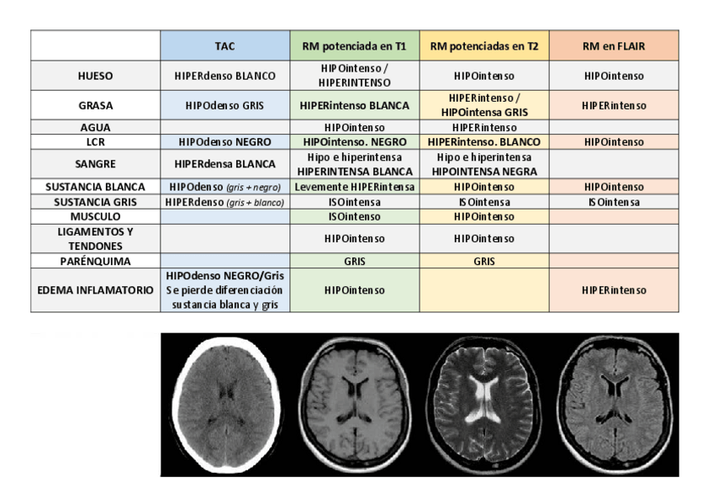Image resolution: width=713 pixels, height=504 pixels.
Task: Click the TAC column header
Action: point(225,45)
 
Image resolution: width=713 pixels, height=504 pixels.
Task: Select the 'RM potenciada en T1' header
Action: point(354,45)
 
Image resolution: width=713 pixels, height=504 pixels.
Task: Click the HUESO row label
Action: point(95,76)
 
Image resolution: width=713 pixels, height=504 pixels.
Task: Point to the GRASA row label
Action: point(95,106)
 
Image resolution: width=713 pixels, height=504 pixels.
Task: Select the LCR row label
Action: point(95,142)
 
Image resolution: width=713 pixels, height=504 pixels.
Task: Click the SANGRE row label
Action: point(95,164)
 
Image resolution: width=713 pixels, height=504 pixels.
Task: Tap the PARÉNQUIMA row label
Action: point(95,261)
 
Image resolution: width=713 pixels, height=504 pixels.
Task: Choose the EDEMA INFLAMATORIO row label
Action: point(95,290)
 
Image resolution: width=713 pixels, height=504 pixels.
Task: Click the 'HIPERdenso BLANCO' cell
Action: point(225,76)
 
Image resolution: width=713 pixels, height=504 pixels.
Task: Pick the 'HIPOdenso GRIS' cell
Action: point(225,106)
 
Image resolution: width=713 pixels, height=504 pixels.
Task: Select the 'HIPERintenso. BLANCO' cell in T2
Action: point(483,142)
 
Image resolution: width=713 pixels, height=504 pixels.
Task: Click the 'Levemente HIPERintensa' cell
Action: point(354,187)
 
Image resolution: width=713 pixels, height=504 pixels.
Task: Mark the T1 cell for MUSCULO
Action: point(354,216)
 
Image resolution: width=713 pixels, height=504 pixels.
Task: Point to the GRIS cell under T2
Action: point(483,261)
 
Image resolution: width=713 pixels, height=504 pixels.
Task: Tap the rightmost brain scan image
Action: point(613,404)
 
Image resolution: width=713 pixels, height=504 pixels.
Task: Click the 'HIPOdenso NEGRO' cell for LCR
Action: point(225,142)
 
